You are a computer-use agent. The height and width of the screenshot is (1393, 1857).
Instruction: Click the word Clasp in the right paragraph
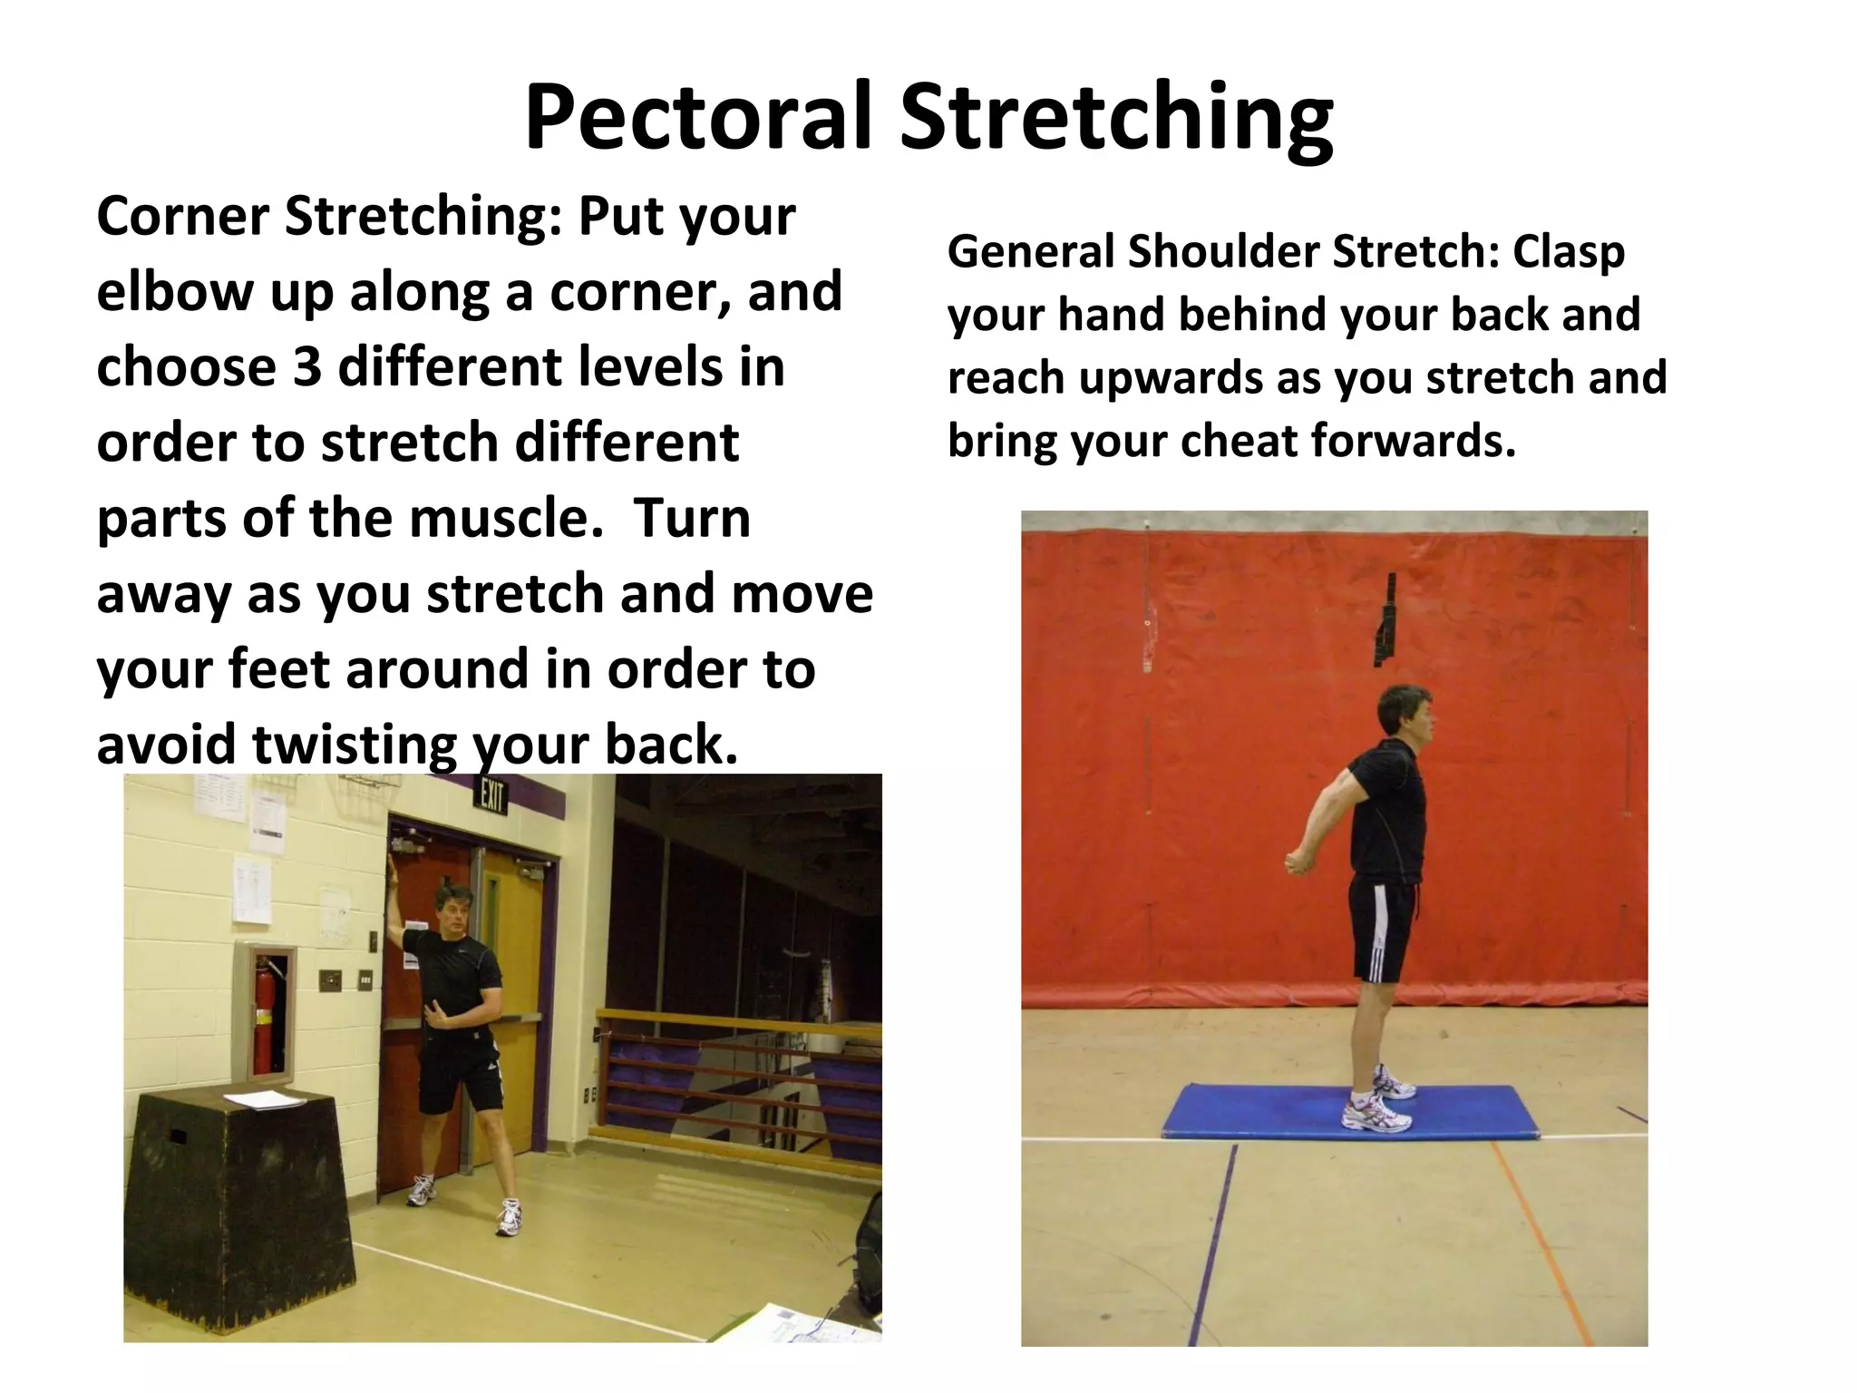point(1568,252)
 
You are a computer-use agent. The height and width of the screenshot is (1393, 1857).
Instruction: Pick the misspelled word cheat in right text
point(1239,442)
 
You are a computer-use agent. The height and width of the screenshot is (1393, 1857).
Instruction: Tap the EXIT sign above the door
point(491,797)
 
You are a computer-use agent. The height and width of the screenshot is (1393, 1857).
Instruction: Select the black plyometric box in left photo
point(236,1206)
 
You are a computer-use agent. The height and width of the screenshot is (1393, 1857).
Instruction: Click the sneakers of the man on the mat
point(1378,1102)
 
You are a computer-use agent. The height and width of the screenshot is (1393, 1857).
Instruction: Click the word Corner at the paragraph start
point(182,218)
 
